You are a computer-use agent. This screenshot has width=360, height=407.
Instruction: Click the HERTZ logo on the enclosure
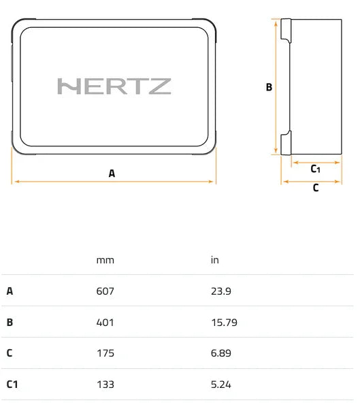coord(114,86)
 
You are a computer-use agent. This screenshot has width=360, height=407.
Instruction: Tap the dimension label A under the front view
coord(112,174)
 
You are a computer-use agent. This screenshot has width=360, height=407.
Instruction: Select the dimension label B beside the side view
coord(269,87)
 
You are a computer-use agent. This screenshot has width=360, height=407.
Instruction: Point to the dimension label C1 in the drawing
coord(315,169)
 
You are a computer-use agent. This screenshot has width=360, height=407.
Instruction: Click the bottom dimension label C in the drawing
coord(315,189)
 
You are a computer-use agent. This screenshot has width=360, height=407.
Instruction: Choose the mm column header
coord(105,260)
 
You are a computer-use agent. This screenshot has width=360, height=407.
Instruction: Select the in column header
coord(214,260)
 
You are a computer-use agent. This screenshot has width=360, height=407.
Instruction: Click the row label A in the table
coord(10,291)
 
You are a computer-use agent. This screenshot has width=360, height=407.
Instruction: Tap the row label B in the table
coord(10,322)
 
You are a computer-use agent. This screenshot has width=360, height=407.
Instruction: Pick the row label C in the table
coord(10,353)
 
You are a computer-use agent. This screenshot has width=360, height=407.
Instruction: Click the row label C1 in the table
coord(12,385)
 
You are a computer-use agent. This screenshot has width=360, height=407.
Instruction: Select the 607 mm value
coord(105,291)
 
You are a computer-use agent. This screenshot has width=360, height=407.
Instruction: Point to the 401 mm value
coord(105,322)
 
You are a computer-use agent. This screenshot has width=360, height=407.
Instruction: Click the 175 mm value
coord(105,353)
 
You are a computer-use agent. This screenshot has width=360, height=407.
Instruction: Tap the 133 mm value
coord(105,385)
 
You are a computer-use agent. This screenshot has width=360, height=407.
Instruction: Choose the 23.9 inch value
coord(221,291)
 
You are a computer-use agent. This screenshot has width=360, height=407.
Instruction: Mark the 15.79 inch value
coord(224,322)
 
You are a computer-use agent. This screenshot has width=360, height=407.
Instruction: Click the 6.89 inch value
coord(221,353)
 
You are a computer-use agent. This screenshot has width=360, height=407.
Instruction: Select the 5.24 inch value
coord(221,385)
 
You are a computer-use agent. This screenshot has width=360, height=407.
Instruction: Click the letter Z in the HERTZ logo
coord(161,86)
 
